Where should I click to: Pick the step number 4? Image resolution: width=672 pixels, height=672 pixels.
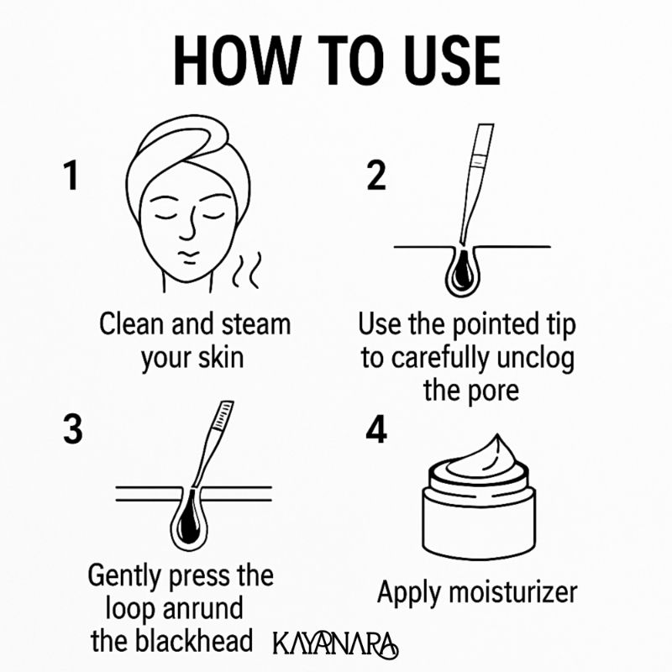click(x=376, y=429)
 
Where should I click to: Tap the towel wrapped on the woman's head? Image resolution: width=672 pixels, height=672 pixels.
click(x=181, y=143)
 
